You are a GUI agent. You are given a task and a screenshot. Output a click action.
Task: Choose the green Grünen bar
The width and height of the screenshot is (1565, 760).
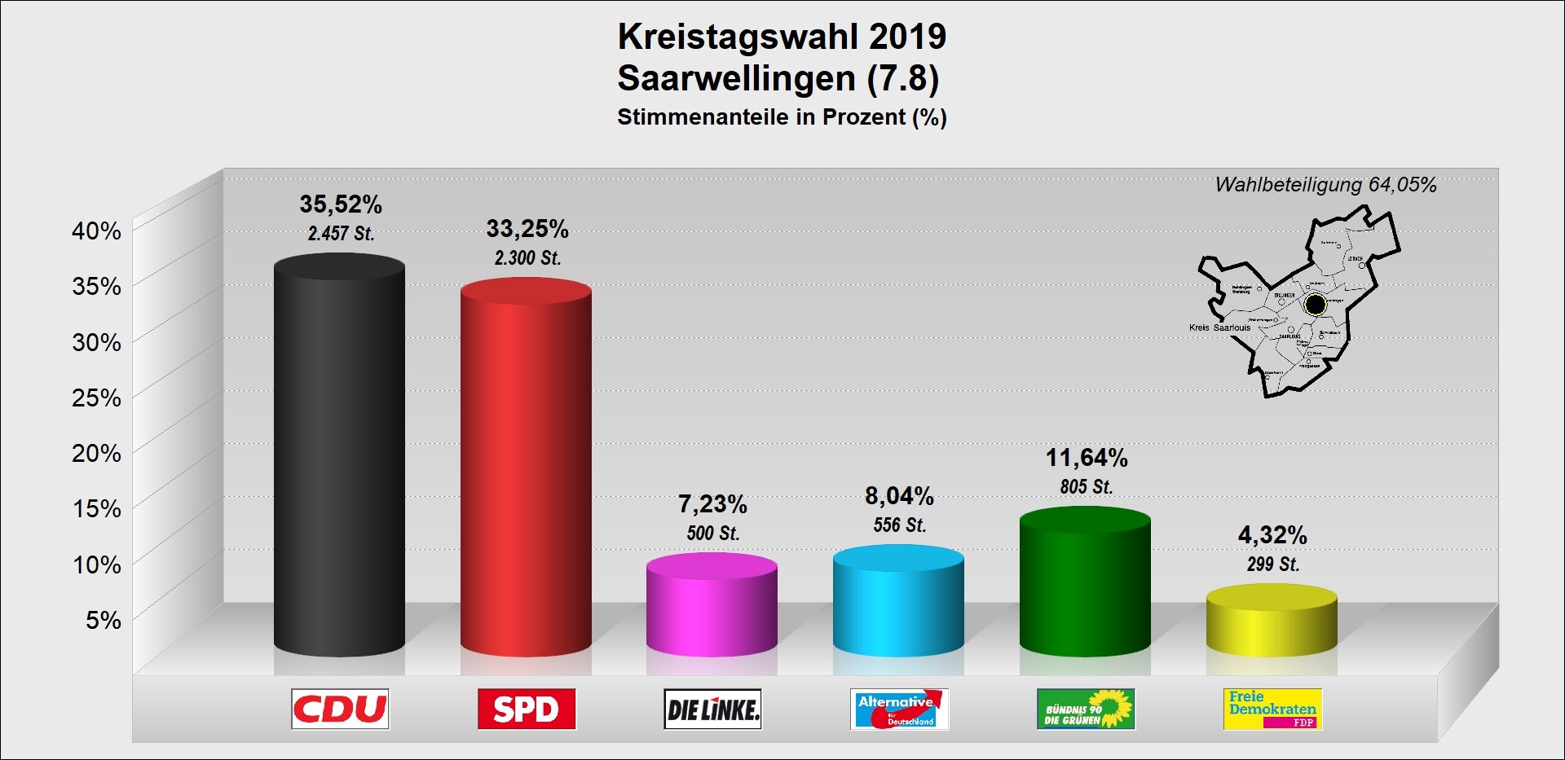coord(1085,582)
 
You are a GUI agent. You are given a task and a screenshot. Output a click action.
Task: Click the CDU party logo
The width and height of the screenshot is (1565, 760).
coord(340,709)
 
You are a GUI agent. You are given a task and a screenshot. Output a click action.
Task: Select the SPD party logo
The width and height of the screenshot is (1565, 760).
coord(527,709)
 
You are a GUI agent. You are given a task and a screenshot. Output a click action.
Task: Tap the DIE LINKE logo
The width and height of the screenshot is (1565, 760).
coord(712,709)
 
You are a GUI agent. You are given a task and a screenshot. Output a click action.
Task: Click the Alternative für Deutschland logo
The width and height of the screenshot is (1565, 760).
coord(899,709)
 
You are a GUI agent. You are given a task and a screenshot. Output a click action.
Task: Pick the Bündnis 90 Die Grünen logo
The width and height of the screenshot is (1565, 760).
coord(1086,709)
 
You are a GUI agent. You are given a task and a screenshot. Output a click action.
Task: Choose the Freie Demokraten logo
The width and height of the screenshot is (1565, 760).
coord(1272,709)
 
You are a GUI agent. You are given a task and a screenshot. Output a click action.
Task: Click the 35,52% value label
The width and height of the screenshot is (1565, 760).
coord(341,204)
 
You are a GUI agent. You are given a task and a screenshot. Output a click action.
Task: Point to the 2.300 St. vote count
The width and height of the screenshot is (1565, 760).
coord(527,258)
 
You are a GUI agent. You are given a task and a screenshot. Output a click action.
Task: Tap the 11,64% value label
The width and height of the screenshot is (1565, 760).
coord(1087,458)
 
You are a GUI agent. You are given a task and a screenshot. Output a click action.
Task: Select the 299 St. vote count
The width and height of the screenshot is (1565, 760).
coord(1272,565)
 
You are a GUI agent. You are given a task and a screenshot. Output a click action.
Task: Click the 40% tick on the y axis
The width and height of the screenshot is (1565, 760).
coord(96,231)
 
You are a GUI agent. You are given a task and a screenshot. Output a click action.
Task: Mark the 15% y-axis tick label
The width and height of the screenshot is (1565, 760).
coord(96,508)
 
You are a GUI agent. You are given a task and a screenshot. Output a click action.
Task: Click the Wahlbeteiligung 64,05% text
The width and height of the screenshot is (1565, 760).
coord(1325,185)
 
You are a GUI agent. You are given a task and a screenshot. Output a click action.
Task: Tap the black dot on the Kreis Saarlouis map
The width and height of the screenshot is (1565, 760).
coord(1315,305)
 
